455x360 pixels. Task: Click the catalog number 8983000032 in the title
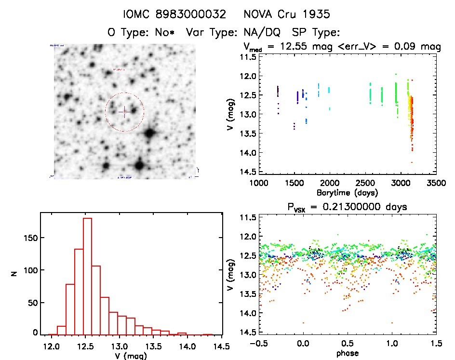(191, 14)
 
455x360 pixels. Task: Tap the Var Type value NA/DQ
(264, 32)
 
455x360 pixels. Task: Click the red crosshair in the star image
(124, 112)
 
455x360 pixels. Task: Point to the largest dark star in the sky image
(150, 133)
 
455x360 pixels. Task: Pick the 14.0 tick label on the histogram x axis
(187, 346)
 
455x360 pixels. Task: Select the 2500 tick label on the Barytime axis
(365, 184)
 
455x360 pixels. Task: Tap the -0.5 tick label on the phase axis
(258, 344)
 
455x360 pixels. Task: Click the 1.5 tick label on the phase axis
(436, 344)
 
